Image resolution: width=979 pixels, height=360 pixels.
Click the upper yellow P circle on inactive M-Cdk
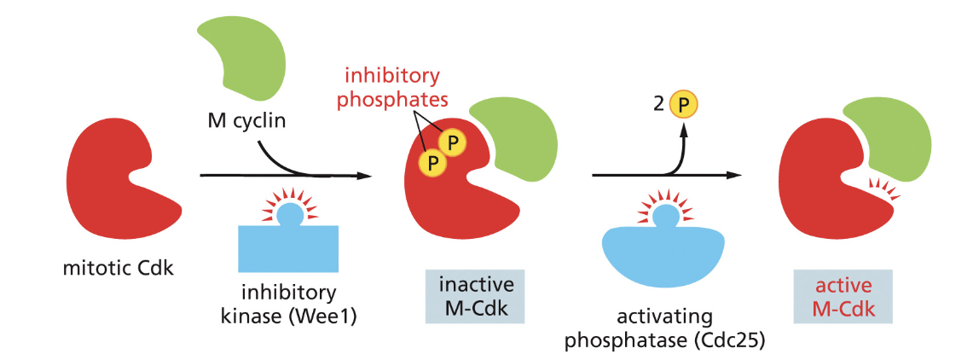coord(453,140)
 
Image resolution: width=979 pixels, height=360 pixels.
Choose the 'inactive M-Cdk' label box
coord(475,295)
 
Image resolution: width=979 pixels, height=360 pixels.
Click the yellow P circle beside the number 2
coord(683,105)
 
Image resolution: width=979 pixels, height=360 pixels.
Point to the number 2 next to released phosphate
coord(658,105)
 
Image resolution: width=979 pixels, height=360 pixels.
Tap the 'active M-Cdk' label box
coord(843,295)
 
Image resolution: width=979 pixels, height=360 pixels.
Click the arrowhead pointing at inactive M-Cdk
coord(365,176)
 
